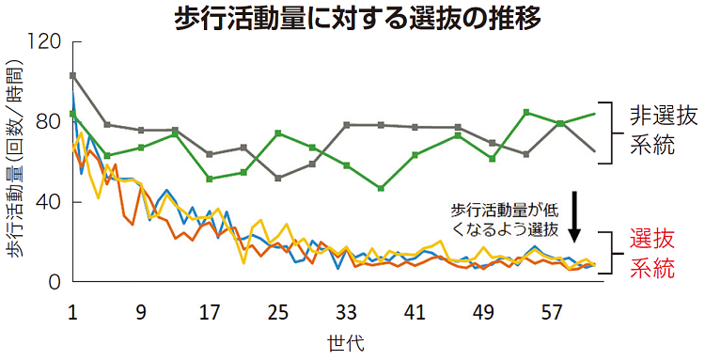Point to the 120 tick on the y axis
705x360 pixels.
point(45,42)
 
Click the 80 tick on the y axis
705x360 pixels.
point(50,122)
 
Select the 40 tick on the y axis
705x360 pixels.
point(50,202)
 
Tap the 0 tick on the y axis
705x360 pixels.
point(55,282)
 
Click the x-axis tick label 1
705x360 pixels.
point(72,310)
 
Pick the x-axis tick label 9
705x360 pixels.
point(140,310)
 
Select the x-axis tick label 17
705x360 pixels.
point(209,310)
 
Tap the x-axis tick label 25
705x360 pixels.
point(277,310)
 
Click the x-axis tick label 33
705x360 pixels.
point(346,310)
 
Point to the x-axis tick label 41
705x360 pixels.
point(415,310)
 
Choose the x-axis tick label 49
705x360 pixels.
point(483,310)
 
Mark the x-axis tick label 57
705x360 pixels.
point(552,310)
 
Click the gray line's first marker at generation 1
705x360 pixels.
point(72,75)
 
